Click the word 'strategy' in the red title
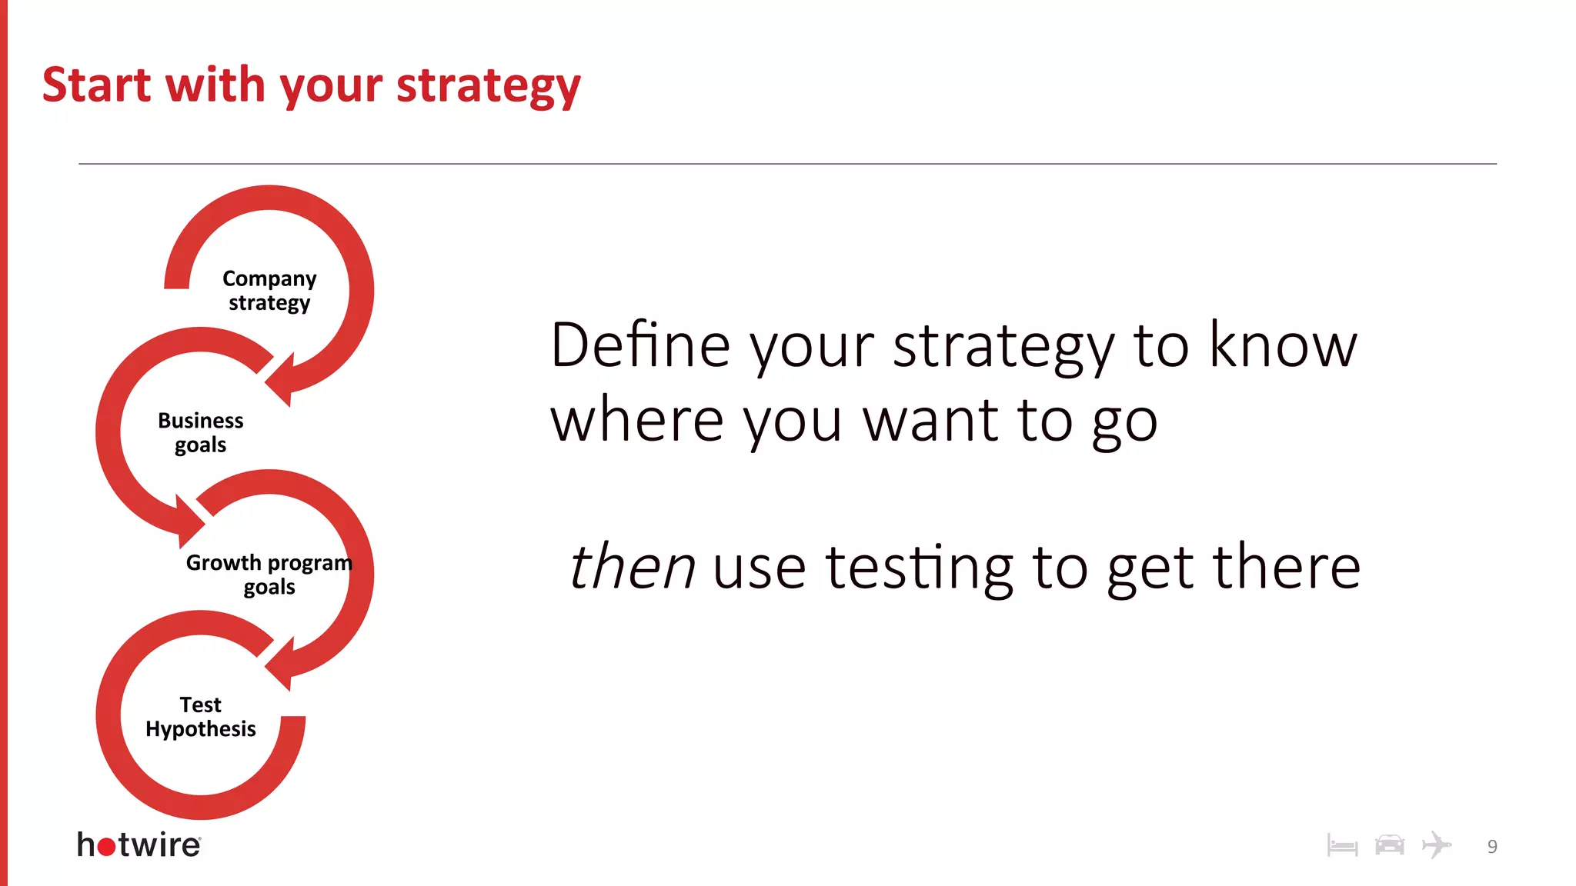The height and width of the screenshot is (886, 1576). (x=488, y=85)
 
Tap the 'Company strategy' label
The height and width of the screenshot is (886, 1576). (x=269, y=290)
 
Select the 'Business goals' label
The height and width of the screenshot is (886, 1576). (x=201, y=432)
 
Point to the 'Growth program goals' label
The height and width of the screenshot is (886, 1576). (x=269, y=574)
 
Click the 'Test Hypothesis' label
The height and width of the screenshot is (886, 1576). (x=201, y=716)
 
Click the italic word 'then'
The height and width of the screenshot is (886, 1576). (x=632, y=567)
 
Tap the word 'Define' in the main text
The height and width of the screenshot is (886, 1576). (x=640, y=345)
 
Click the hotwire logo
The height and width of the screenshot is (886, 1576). (x=139, y=844)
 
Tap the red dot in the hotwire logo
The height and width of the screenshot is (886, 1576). (x=107, y=847)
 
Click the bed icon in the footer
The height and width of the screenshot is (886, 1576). (x=1342, y=846)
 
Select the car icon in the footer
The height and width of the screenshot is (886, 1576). (x=1389, y=844)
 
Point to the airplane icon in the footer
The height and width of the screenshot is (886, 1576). (x=1436, y=844)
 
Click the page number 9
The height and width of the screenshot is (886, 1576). (x=1492, y=847)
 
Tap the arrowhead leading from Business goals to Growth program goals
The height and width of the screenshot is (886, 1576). (x=189, y=523)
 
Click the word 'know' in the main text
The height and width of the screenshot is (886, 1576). (x=1283, y=345)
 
